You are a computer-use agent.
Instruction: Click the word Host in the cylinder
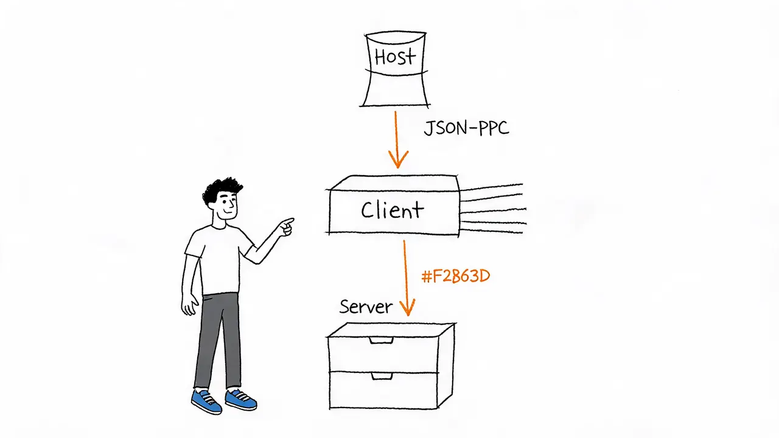pyautogui.click(x=395, y=57)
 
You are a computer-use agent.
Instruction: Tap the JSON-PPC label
pyautogui.click(x=466, y=128)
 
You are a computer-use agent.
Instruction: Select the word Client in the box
pyautogui.click(x=393, y=210)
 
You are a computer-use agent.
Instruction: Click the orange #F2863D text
pyautogui.click(x=456, y=276)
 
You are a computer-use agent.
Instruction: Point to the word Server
pyautogui.click(x=366, y=307)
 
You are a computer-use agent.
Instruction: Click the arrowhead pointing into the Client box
pyautogui.click(x=398, y=159)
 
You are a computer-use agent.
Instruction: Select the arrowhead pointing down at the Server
pyautogui.click(x=407, y=307)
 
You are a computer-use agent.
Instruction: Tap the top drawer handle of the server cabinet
pyautogui.click(x=381, y=340)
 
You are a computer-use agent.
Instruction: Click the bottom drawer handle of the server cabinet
pyautogui.click(x=382, y=376)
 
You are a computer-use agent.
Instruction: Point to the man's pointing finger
pyautogui.click(x=288, y=221)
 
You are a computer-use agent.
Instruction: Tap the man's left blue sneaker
pyautogui.click(x=206, y=401)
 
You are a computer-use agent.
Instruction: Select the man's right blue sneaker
pyautogui.click(x=241, y=400)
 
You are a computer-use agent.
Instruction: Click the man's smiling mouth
pyautogui.click(x=228, y=211)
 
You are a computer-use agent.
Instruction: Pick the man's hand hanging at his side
pyautogui.click(x=189, y=305)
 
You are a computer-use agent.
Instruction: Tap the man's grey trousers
pyautogui.click(x=218, y=341)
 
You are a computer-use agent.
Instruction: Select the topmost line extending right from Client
pyautogui.click(x=491, y=187)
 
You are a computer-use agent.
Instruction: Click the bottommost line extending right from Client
pyautogui.click(x=491, y=231)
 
